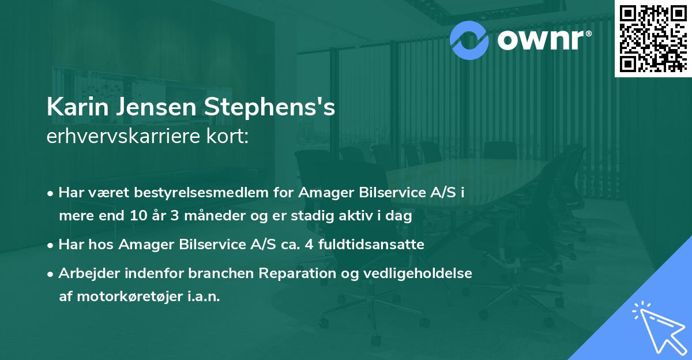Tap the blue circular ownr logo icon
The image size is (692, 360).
(468, 39)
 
